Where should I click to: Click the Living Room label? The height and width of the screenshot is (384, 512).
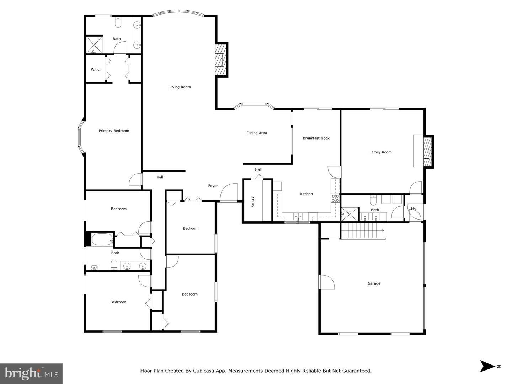[x=180, y=87]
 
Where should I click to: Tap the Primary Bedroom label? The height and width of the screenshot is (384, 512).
[x=114, y=131]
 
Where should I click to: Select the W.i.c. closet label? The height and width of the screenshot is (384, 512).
[x=96, y=70]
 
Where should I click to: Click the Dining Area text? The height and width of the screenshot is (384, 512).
[x=257, y=133]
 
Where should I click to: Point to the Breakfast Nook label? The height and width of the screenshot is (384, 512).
[x=316, y=138]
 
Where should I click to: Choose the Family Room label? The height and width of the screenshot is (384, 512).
[x=380, y=152]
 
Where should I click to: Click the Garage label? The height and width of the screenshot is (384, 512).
[x=374, y=283]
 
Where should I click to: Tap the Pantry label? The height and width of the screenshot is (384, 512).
[x=253, y=202]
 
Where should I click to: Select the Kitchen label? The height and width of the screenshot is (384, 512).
[x=306, y=194]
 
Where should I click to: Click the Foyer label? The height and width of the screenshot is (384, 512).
[x=213, y=186]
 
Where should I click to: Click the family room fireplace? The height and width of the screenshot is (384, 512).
[x=427, y=151]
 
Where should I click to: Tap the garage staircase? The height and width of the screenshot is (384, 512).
[x=363, y=231]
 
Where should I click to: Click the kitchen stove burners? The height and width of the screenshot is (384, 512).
[x=335, y=198]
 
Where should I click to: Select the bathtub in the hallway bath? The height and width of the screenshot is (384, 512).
[x=102, y=239]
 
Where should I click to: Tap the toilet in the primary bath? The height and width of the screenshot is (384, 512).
[x=118, y=23]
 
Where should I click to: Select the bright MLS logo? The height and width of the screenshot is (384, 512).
[x=31, y=374]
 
